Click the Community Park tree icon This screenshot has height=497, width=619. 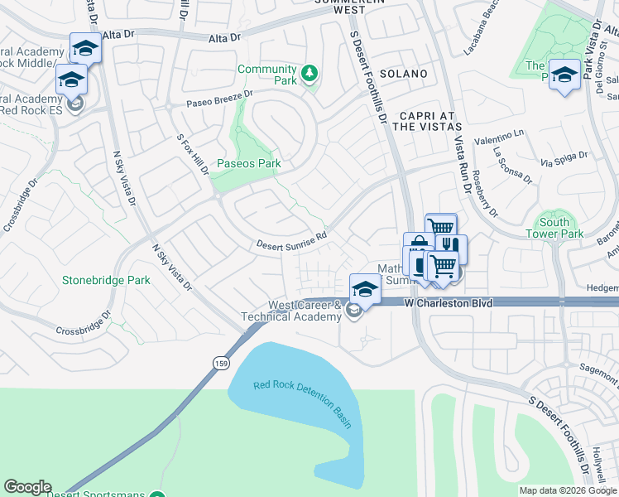(309, 74)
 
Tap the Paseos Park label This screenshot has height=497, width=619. (249, 163)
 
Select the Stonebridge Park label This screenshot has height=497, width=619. (106, 280)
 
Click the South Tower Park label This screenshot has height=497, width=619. (554, 228)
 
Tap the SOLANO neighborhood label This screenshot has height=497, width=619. (404, 74)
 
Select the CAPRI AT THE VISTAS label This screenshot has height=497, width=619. (426, 121)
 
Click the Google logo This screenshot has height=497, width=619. (27, 487)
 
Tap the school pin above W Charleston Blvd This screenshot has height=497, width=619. (364, 288)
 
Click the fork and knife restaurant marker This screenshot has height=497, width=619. (452, 245)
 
